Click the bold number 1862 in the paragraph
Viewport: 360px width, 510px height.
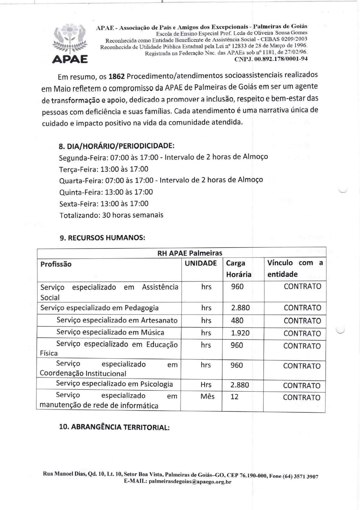(x=116, y=77)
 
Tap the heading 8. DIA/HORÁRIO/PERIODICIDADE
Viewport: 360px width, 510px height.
(x=116, y=146)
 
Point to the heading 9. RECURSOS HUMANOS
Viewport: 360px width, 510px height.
(x=102, y=238)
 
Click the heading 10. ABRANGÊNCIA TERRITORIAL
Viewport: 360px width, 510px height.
(x=114, y=427)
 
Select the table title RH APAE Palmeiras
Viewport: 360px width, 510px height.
(x=190, y=253)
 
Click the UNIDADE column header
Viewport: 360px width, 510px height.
(x=201, y=263)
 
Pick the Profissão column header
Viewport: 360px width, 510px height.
(x=56, y=264)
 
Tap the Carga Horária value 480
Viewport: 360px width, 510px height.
(x=237, y=321)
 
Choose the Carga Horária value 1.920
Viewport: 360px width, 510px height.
(x=240, y=333)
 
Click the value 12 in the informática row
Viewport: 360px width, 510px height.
(x=234, y=397)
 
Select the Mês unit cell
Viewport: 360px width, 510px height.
(x=207, y=396)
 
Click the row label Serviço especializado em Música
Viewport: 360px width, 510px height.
(x=110, y=332)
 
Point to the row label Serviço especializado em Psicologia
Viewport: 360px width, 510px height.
(x=114, y=384)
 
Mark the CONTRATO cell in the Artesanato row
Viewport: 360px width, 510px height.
(x=302, y=321)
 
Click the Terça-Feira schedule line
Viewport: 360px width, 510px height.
(x=104, y=169)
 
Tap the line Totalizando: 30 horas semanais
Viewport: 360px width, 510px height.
(x=111, y=215)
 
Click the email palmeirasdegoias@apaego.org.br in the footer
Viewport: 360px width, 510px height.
(x=190, y=482)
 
